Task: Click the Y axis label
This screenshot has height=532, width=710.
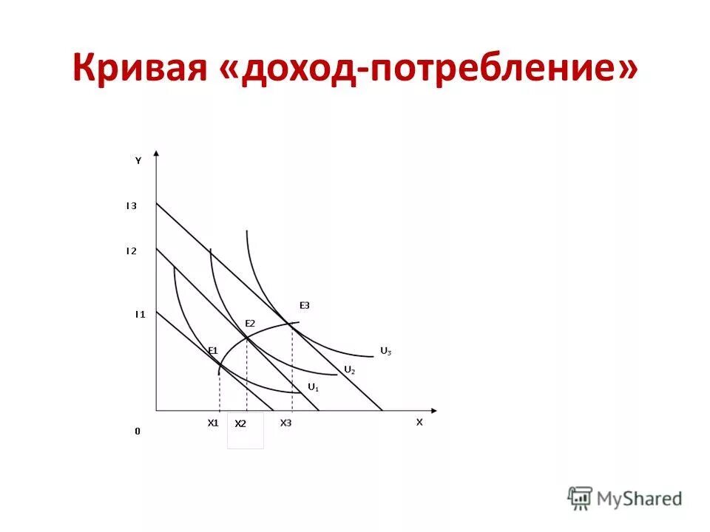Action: tap(138, 160)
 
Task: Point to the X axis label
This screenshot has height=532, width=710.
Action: tap(419, 422)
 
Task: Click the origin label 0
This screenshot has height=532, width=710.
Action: tap(137, 431)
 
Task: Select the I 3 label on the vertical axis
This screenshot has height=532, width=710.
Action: tap(131, 206)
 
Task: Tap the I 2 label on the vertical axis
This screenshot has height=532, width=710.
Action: tap(131, 251)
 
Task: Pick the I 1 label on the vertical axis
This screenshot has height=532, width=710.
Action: tap(140, 314)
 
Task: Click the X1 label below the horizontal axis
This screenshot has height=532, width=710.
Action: tap(213, 423)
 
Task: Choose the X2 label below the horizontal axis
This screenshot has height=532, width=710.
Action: tap(240, 424)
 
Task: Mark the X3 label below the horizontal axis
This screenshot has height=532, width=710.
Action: tap(285, 423)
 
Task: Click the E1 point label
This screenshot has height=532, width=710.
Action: tap(212, 349)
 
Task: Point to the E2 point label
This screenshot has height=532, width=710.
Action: tap(250, 324)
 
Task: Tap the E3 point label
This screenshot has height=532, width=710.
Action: tap(305, 305)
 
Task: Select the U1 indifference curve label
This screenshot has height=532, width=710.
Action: tap(313, 386)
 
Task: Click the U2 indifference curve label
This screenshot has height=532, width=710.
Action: tap(349, 369)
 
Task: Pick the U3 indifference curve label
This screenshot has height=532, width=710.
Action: tap(385, 351)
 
